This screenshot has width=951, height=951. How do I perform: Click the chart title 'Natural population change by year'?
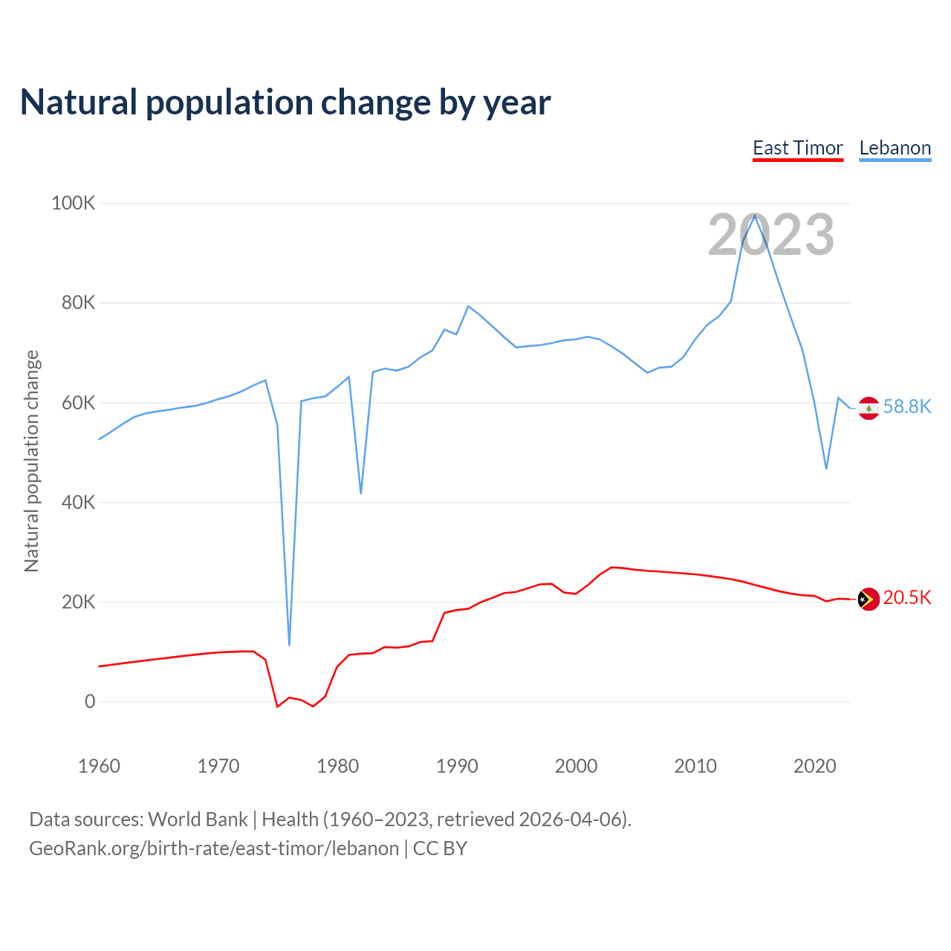point(285,103)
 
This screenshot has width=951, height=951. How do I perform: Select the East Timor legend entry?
point(798,148)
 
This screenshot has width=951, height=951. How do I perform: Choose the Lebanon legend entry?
point(895,148)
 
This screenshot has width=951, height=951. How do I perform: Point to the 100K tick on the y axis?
point(73,203)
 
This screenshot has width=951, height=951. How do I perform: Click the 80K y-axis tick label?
point(78,303)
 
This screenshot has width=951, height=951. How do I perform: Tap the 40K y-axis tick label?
point(78,502)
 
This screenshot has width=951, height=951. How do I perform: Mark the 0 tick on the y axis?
point(90,701)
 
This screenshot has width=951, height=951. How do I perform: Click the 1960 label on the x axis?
point(99,766)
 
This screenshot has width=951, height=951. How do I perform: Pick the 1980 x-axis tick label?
point(337,766)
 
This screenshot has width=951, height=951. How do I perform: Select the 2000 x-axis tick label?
point(576,766)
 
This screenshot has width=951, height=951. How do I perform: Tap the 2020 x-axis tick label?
point(814,766)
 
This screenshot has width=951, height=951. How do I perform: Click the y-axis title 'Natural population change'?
point(32,461)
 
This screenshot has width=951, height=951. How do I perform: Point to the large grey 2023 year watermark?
point(770,236)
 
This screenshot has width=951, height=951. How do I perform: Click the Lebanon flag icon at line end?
point(869,408)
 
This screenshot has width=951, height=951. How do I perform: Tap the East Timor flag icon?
point(869,599)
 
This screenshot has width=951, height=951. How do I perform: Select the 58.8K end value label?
point(906,407)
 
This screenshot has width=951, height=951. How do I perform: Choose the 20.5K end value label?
point(906,598)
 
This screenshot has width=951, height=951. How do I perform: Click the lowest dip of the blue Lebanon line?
point(289,644)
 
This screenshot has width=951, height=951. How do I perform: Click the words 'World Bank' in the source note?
point(198,819)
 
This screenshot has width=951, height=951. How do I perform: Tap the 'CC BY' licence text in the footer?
point(440,848)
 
